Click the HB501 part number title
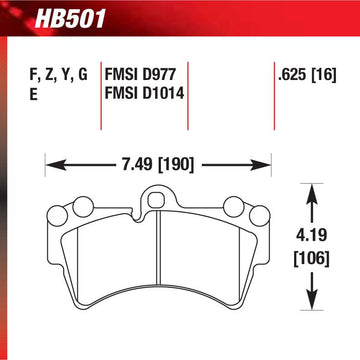click(69, 19)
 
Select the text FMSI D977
click(140, 75)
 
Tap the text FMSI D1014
click(144, 94)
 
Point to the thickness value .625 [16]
click(307, 75)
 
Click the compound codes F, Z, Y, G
click(59, 76)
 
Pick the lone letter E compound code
click(33, 94)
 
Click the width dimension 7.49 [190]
click(158, 165)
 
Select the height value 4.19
click(311, 236)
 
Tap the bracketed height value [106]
click(311, 259)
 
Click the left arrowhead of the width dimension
click(56, 165)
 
